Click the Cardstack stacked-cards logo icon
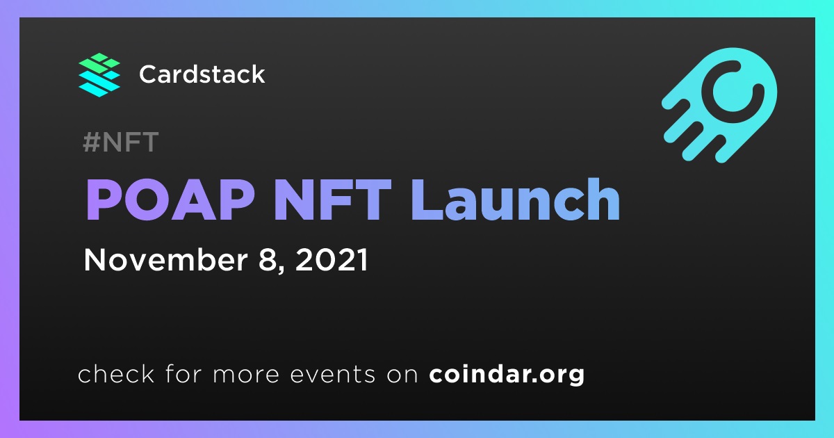(99, 75)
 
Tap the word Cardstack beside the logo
(202, 74)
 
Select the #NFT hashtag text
(121, 142)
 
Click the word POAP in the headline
(170, 200)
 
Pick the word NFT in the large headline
(332, 200)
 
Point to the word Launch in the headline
(516, 200)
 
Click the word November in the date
(165, 259)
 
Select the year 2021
(332, 259)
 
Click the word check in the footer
(116, 373)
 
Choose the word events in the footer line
(332, 374)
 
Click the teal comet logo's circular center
(733, 92)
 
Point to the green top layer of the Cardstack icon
(99, 64)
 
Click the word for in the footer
(183, 373)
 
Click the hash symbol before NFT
(91, 142)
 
